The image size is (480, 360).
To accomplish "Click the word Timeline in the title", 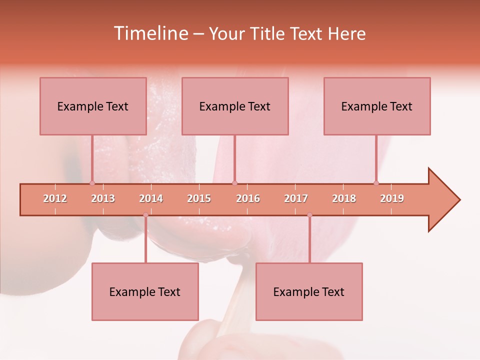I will click(x=149, y=33).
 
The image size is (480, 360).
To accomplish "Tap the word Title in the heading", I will click(x=269, y=33).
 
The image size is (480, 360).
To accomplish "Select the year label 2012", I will click(x=55, y=198).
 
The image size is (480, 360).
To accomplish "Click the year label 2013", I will click(x=103, y=198).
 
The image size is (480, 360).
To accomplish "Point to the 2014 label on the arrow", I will click(x=151, y=198).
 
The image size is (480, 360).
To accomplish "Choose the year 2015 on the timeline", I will click(x=199, y=198).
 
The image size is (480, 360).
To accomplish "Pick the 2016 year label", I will click(x=248, y=198).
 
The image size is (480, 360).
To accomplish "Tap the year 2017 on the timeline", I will click(x=296, y=198).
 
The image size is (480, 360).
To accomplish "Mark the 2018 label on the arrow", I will click(x=344, y=198).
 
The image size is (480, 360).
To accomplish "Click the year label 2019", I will click(x=392, y=198).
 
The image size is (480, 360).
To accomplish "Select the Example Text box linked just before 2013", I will click(x=93, y=106).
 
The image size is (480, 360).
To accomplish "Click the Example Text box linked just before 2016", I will click(x=235, y=106).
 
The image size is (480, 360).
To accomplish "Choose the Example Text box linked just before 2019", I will click(x=377, y=106).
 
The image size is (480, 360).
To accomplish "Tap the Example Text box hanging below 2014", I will click(x=145, y=291).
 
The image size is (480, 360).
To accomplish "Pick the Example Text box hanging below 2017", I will click(x=309, y=291).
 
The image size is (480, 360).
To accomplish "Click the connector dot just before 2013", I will click(x=92, y=183).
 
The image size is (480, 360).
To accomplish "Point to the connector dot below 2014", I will click(x=145, y=215).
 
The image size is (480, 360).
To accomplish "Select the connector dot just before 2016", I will click(x=234, y=183).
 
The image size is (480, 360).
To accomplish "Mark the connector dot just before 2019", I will click(x=376, y=183).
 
